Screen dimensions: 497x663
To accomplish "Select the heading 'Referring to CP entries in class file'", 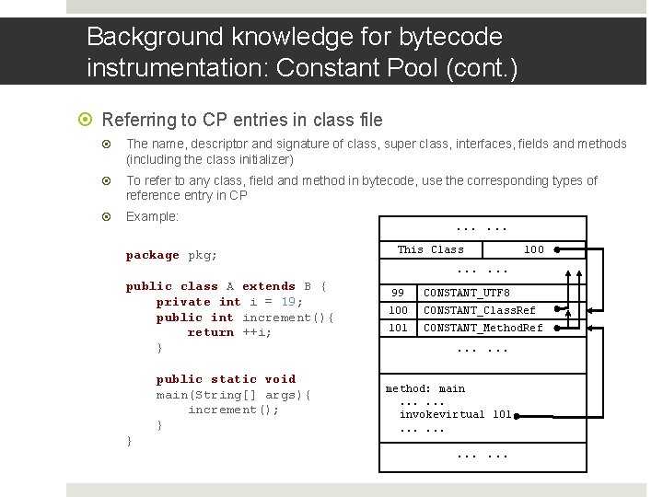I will pyautogui.click(x=242, y=120).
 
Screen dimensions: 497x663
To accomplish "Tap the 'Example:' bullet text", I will pyautogui.click(x=152, y=216).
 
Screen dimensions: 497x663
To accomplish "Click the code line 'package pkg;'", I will pyautogui.click(x=171, y=255).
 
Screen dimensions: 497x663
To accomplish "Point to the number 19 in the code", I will pyautogui.click(x=288, y=301).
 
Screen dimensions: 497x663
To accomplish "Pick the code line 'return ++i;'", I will pyautogui.click(x=229, y=332).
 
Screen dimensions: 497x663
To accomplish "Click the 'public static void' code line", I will pyautogui.click(x=226, y=378).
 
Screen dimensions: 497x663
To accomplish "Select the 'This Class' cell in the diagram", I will pyautogui.click(x=430, y=249).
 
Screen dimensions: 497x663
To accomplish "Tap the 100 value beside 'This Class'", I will pyautogui.click(x=533, y=249).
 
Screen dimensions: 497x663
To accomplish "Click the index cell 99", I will pyautogui.click(x=398, y=293).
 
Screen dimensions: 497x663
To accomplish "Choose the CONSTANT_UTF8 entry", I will pyautogui.click(x=466, y=293).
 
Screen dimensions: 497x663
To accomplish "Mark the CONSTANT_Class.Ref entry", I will pyautogui.click(x=479, y=310).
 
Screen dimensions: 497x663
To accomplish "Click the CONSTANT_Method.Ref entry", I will pyautogui.click(x=483, y=328).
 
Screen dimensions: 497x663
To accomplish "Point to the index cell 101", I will pyautogui.click(x=398, y=328).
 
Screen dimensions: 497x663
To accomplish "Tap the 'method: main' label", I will pyautogui.click(x=425, y=388).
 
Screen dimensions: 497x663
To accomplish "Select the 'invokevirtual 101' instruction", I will pyautogui.click(x=455, y=414).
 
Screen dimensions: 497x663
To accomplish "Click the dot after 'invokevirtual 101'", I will pyautogui.click(x=518, y=415).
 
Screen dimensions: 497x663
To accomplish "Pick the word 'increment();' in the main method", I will pyautogui.click(x=233, y=410).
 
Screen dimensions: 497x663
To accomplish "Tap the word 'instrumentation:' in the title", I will pyautogui.click(x=174, y=67).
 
